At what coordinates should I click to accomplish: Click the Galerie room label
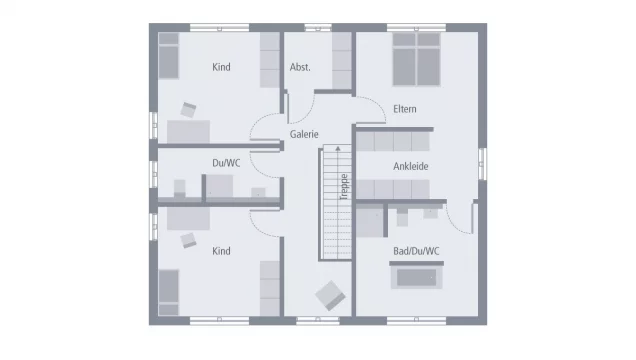[x=304, y=134]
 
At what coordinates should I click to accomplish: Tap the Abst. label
[x=300, y=67]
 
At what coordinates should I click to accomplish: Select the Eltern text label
[x=404, y=109]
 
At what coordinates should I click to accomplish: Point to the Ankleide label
[x=410, y=166]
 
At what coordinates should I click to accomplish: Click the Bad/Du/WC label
[x=416, y=251]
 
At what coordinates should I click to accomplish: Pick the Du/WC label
[x=226, y=163]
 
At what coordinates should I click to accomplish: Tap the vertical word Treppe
[x=344, y=187]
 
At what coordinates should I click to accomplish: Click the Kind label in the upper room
[x=221, y=67]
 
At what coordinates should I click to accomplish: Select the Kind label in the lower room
[x=221, y=251]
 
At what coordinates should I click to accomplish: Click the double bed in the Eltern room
[x=416, y=60]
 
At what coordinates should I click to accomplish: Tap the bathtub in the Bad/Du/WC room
[x=416, y=277]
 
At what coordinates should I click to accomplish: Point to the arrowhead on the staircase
[x=337, y=148]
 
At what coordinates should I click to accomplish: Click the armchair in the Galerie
[x=330, y=296]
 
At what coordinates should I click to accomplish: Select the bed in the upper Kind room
[x=168, y=56]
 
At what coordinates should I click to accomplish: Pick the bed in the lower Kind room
[x=168, y=292]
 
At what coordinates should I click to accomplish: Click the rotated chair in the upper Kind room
[x=188, y=110]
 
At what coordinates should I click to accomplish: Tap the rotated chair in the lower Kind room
[x=188, y=240]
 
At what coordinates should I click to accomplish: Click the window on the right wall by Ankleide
[x=482, y=163]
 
